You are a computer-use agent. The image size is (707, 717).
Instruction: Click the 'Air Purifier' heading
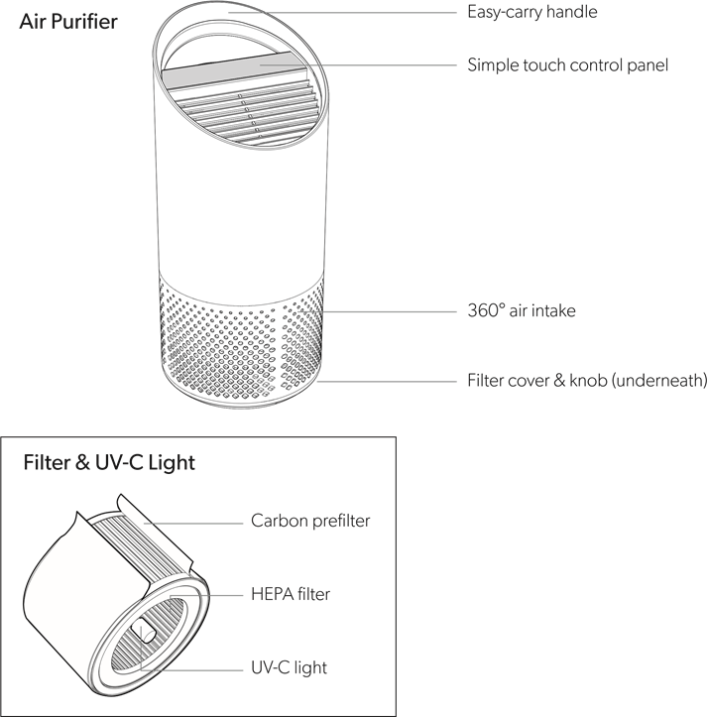coord(68,22)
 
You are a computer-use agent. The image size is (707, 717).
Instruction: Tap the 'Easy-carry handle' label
coord(531,12)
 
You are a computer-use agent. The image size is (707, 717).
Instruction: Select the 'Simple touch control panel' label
coord(567,64)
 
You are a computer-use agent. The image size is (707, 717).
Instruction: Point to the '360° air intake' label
coord(522,310)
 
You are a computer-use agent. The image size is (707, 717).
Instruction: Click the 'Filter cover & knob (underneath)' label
coord(587,381)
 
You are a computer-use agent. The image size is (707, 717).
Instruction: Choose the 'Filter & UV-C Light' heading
coord(109,462)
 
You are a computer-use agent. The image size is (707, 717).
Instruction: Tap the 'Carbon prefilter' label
coord(310,521)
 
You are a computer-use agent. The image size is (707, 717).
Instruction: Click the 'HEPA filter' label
coord(291,594)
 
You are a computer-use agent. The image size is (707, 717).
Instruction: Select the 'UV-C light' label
coord(289,667)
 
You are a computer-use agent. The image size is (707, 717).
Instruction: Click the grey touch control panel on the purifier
coord(233,69)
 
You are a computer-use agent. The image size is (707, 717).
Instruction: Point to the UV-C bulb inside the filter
coord(143,632)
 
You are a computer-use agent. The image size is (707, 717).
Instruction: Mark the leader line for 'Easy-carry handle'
coord(342,12)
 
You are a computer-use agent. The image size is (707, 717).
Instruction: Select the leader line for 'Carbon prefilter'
coord(193,523)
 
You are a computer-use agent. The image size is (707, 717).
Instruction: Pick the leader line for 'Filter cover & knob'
coord(387,381)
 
